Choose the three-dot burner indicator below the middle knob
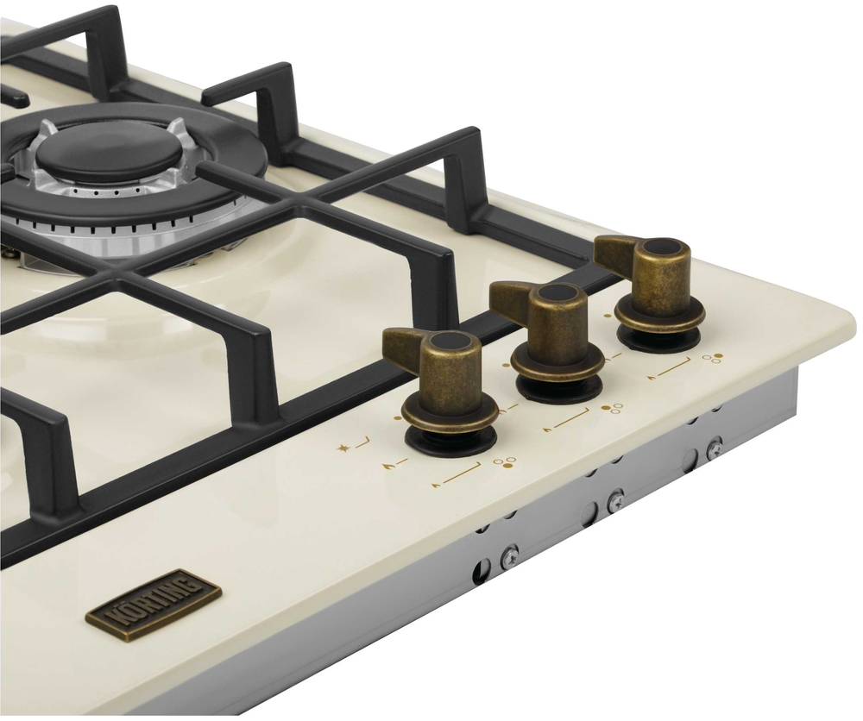pos(612,408)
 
